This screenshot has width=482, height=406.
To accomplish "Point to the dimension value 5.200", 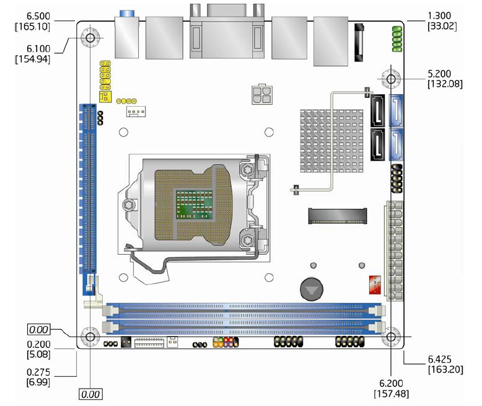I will click(x=444, y=73).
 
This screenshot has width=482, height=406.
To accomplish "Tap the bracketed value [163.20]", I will click(x=445, y=369).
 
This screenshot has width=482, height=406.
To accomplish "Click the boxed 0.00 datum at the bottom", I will click(x=90, y=394).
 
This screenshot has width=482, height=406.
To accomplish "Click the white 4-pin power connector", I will click(x=261, y=95).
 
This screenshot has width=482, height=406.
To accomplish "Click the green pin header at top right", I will click(x=397, y=38).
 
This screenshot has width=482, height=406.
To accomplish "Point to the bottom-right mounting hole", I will click(x=390, y=338).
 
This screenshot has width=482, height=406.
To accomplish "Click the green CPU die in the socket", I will click(x=191, y=203).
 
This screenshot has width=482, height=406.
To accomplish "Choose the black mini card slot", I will click(x=337, y=216).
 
